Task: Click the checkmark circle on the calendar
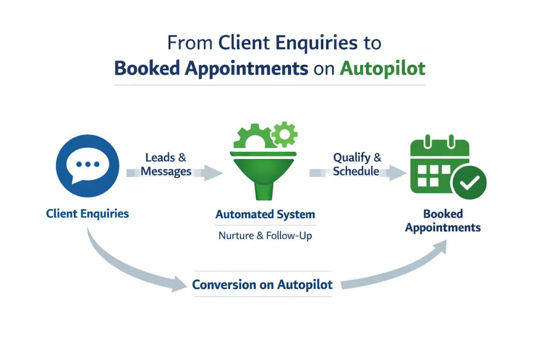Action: point(469,183)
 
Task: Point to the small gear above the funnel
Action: point(285,134)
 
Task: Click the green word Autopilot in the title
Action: point(382,68)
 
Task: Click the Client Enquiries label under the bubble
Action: point(87,213)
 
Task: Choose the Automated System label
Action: point(265,214)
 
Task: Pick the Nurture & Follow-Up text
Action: point(265,235)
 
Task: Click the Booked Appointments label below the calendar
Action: point(443,220)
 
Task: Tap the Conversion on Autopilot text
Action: point(262,284)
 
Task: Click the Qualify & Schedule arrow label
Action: point(357,165)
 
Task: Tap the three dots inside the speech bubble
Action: point(88,164)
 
